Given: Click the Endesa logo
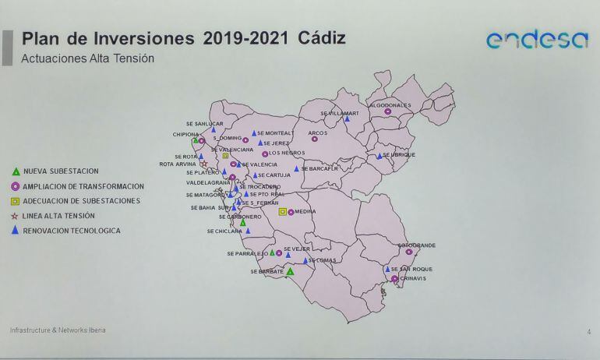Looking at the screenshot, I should click(x=537, y=40).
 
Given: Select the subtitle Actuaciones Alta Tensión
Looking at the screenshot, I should click(x=87, y=58).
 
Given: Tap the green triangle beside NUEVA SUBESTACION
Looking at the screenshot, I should click(x=15, y=171).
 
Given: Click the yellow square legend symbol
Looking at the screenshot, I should click(x=15, y=201).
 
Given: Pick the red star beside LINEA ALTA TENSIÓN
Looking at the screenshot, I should click(x=15, y=216).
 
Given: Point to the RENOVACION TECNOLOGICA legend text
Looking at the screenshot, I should click(x=72, y=231).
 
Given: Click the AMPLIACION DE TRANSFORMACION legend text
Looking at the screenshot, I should click(x=83, y=186).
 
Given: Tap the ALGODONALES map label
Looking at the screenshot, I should click(x=390, y=104).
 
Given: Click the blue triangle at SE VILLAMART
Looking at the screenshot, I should click(x=347, y=119).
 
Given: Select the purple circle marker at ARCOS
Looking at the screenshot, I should click(x=315, y=139).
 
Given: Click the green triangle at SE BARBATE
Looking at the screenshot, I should click(x=290, y=271).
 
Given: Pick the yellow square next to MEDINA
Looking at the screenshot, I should click(x=282, y=211).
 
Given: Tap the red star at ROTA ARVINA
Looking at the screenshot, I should click(x=204, y=164).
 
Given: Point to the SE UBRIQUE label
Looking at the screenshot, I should click(x=400, y=155).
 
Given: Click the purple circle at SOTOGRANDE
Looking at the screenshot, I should click(x=408, y=252).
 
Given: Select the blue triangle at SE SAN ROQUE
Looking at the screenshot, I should click(x=386, y=269).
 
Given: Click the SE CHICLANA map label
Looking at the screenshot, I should click(x=224, y=231).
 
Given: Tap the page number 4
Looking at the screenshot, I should click(x=588, y=332).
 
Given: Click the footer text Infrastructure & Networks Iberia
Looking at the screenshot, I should click(x=58, y=330).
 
